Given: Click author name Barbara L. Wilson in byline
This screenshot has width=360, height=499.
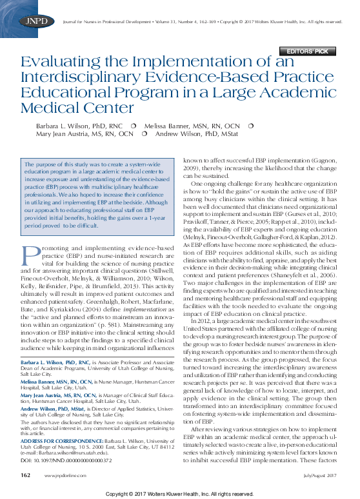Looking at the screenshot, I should click(70, 124).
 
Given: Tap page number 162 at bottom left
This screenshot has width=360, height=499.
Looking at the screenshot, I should click(26, 475).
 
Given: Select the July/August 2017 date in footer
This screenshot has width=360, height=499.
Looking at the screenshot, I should click(320, 475).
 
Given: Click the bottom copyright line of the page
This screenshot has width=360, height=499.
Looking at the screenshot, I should click(179, 493).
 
